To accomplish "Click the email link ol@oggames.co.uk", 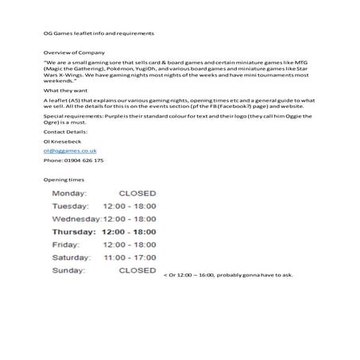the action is (69, 149).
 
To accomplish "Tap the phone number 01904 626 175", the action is (73, 160).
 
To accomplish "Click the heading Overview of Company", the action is (70, 50).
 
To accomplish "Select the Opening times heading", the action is (64, 180).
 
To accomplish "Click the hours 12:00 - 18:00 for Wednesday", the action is (130, 219).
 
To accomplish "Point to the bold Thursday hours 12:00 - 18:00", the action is (130, 232).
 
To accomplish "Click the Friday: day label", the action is (67, 245).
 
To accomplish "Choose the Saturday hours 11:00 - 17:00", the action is (130, 257).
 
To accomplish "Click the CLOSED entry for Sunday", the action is (137, 270).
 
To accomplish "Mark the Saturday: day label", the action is (72, 257).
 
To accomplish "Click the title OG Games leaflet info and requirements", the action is (99, 33).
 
